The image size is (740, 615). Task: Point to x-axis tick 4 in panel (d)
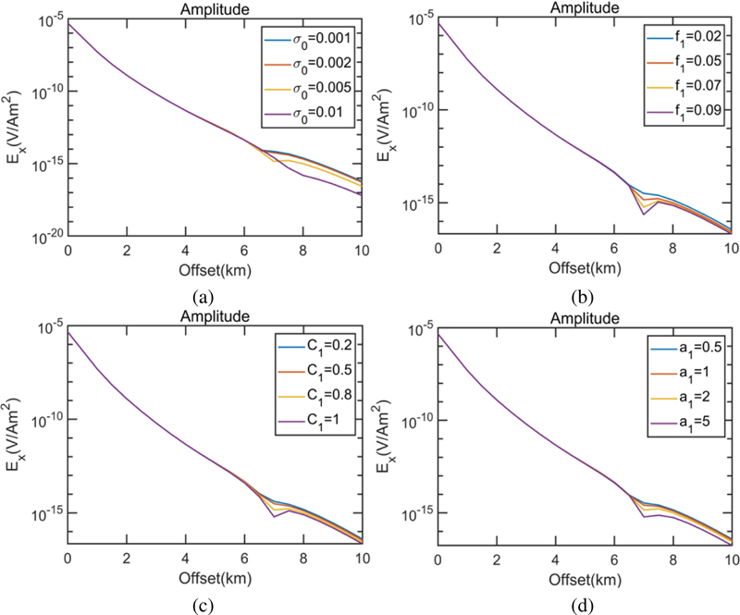pyautogui.click(x=555, y=558)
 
